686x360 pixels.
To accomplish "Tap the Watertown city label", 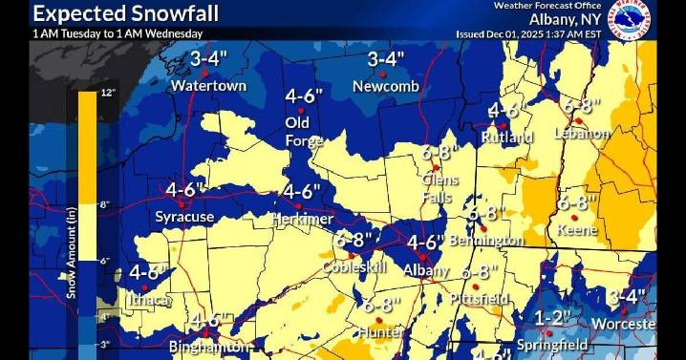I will point(208,86).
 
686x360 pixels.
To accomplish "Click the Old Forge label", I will point(297,131).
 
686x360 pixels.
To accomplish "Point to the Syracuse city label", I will point(184,217).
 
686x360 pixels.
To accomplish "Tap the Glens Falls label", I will point(440,187).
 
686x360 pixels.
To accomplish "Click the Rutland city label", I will point(507,138).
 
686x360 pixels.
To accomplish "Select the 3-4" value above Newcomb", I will point(386,60).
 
